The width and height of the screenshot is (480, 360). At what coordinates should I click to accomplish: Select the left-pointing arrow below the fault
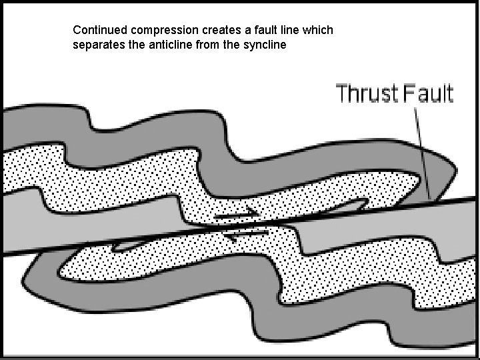247,233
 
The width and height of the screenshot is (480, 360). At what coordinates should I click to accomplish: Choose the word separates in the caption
96,46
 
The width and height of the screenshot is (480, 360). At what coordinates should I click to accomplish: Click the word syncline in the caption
265,46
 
